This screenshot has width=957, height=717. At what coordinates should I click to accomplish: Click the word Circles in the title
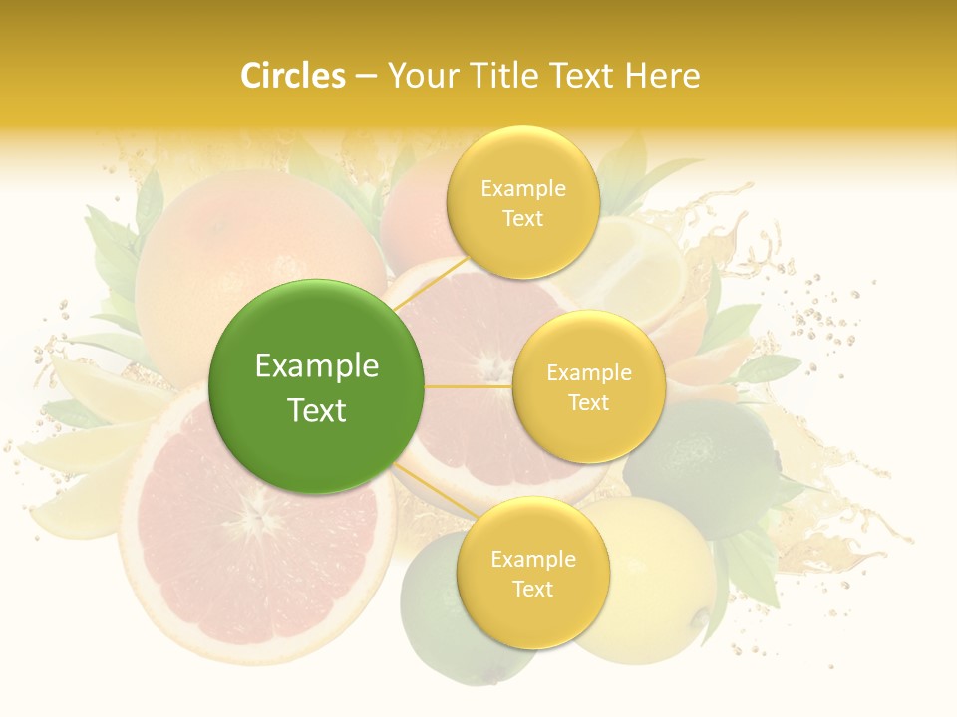coord(292,76)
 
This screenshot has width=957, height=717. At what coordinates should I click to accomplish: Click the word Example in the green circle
coord(317,366)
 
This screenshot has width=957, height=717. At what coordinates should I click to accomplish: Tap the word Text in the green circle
coord(317,410)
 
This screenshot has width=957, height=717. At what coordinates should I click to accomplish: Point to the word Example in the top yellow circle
coord(523,189)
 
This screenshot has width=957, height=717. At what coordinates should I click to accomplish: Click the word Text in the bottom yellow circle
coord(532,589)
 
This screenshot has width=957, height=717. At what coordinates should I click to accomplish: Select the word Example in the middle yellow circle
coord(589,373)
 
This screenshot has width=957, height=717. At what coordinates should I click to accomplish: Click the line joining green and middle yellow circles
coord(469,386)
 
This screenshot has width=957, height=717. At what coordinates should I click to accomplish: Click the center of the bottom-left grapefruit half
coord(257,518)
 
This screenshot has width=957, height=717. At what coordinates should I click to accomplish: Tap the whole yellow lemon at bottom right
coord(658,588)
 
